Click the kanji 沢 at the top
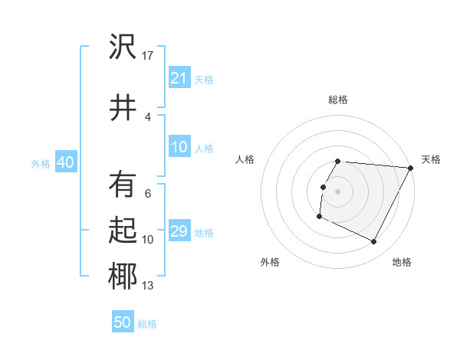point(123,47)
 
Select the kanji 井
point(123,106)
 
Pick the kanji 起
point(123,231)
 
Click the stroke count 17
point(148,55)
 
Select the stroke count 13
point(148,286)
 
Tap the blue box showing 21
point(179,78)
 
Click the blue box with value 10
point(179,148)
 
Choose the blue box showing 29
point(179,231)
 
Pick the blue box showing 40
point(65,162)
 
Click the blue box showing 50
point(123,322)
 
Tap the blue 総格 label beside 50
point(147,324)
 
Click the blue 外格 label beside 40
point(41,163)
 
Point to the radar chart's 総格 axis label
point(338,100)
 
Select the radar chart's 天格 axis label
point(431,159)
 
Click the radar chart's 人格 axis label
point(245,159)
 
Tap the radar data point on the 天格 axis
point(410,168)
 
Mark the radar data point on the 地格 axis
point(374,242)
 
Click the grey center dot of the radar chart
point(338,191)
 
